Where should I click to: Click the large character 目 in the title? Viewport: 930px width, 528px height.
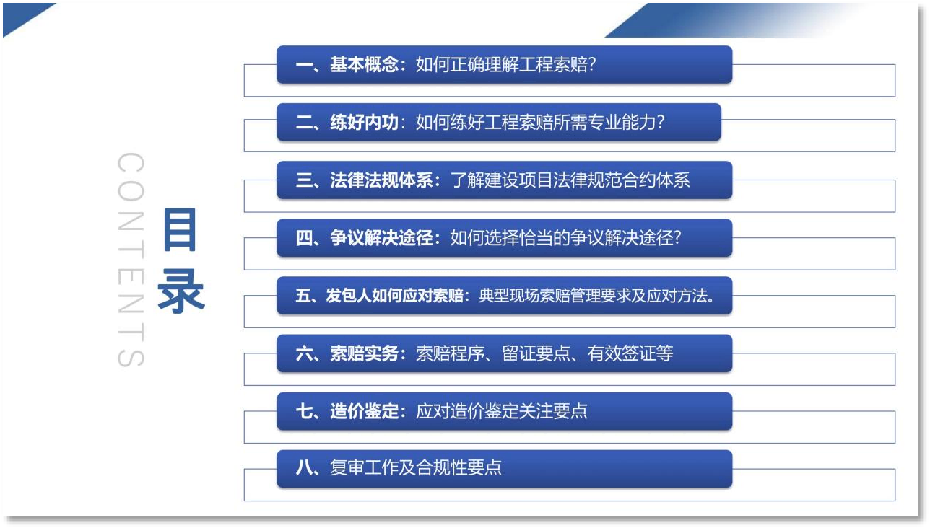(x=180, y=229)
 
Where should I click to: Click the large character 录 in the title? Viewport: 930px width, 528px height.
(x=181, y=291)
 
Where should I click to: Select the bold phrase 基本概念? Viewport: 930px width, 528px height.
(x=364, y=64)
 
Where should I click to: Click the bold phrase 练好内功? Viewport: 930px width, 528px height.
(x=364, y=122)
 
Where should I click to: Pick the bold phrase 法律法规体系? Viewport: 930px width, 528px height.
(x=381, y=180)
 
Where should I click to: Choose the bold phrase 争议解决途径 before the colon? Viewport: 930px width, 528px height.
(x=381, y=237)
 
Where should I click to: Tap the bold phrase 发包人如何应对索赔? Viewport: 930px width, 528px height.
(x=394, y=295)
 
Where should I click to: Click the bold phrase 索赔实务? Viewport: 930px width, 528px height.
(x=364, y=353)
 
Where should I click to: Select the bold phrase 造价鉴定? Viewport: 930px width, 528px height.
(x=364, y=411)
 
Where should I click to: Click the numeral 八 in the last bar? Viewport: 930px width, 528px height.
(x=304, y=468)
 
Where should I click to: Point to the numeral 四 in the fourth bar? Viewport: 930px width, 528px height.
(x=304, y=237)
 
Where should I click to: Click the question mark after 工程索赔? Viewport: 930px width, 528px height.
(x=592, y=64)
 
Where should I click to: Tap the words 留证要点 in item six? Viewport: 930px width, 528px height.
(x=536, y=353)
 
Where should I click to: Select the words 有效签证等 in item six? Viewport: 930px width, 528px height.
(x=630, y=353)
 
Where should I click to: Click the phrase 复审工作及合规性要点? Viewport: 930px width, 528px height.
(x=416, y=467)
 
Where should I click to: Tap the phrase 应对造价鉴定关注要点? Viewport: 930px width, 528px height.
(x=502, y=411)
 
